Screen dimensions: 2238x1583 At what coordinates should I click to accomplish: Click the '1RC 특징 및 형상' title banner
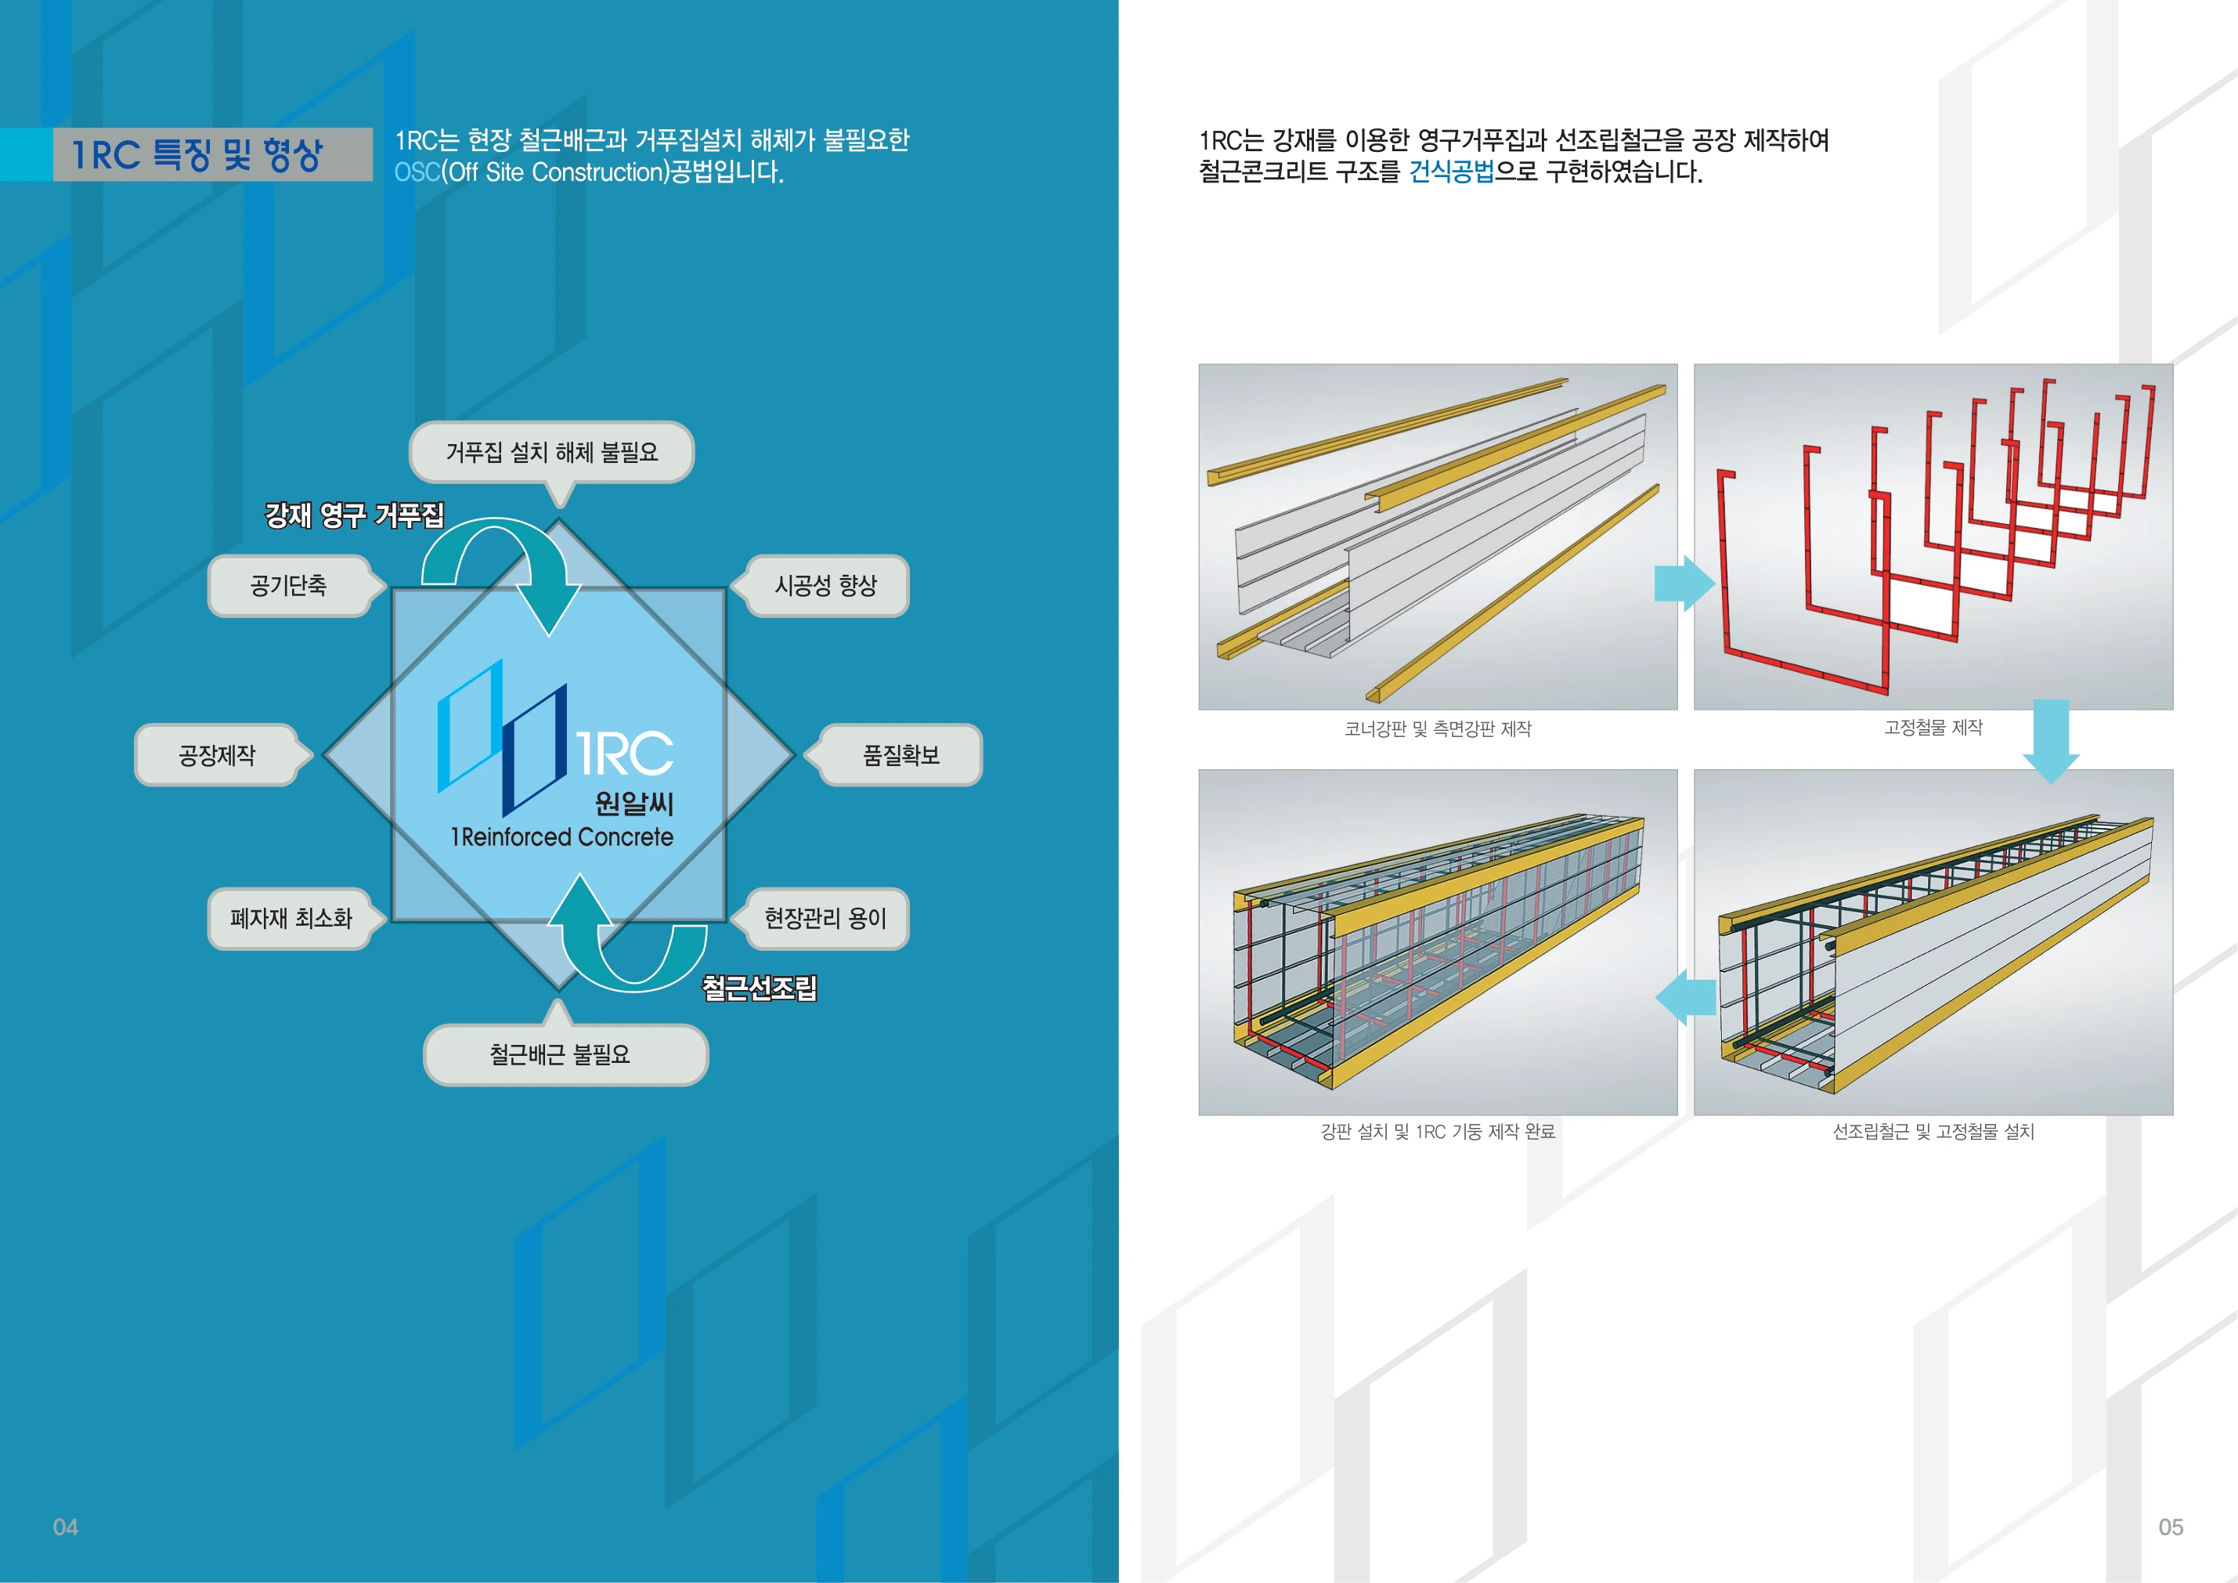coord(212,154)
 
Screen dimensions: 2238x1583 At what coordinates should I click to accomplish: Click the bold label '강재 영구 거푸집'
coord(355,515)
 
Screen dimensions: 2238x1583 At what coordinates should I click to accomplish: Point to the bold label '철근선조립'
coord(760,988)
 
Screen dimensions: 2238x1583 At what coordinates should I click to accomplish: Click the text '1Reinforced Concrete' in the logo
coord(561,837)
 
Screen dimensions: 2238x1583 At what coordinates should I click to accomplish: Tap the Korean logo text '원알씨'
coord(633,803)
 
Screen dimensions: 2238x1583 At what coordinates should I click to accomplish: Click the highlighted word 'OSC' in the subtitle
coord(417,172)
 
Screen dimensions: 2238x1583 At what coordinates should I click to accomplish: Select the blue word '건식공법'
coord(1451,172)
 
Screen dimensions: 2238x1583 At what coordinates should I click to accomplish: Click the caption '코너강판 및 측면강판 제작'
coord(1438,729)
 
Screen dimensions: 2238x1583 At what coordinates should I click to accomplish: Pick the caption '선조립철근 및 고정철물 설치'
coord(1933,1132)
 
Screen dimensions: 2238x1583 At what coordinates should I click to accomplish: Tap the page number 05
coord(2171,1527)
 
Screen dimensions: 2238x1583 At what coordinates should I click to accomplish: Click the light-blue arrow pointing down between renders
coord(2051,742)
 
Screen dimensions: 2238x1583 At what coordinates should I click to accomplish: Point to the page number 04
coord(65,1527)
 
